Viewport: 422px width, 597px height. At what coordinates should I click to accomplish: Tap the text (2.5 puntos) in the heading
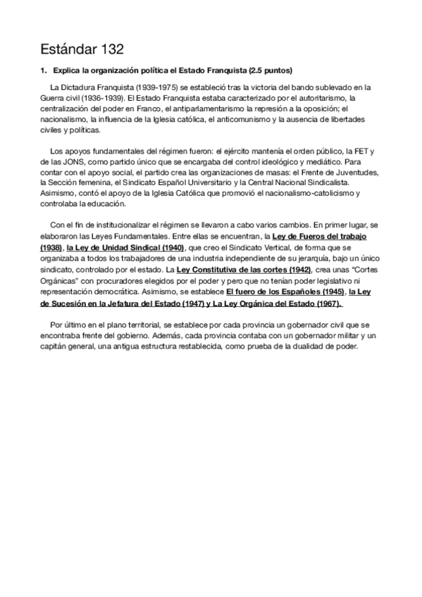pyautogui.click(x=268, y=72)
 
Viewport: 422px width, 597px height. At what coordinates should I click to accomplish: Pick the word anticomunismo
pyautogui.click(x=231, y=121)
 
